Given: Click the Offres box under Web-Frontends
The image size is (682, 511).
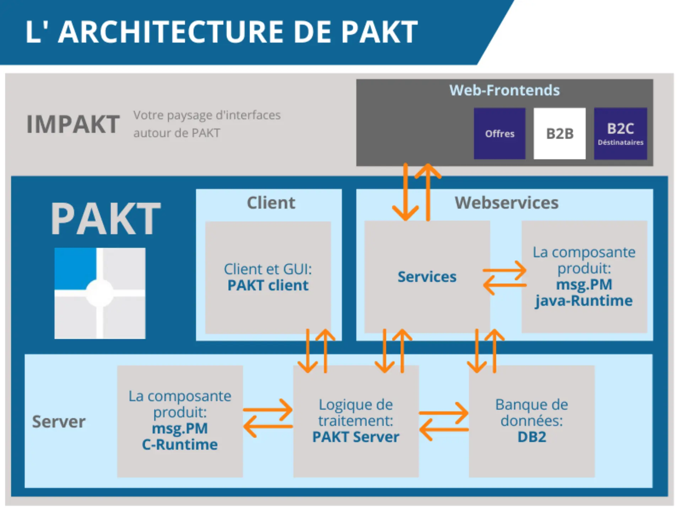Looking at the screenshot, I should [x=499, y=133].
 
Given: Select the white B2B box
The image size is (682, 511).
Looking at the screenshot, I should [x=559, y=133].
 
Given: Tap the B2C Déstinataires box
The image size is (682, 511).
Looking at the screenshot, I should [x=620, y=133].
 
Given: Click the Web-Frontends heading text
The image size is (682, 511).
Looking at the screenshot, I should [x=504, y=90].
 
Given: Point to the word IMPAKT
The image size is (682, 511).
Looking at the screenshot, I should [x=73, y=125].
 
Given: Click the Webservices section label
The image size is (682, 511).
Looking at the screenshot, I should [x=506, y=203].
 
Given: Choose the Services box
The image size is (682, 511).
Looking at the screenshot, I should [x=427, y=277].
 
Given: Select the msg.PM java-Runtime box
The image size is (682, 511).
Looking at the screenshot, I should [x=584, y=277].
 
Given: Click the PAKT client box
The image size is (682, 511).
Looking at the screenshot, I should [x=268, y=278].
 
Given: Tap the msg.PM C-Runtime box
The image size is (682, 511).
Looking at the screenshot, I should [x=180, y=421].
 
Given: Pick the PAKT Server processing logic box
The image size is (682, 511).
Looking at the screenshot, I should [x=356, y=421].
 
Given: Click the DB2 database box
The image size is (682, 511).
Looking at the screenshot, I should [x=531, y=421].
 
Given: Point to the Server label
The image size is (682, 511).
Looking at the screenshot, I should [x=59, y=422].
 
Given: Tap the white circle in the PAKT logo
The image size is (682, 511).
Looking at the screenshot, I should [x=100, y=293].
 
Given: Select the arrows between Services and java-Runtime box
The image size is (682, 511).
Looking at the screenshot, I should [x=505, y=278].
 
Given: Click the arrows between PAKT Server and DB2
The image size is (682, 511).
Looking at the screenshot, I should [x=444, y=422].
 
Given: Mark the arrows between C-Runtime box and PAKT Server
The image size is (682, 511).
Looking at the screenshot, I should [x=268, y=418].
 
